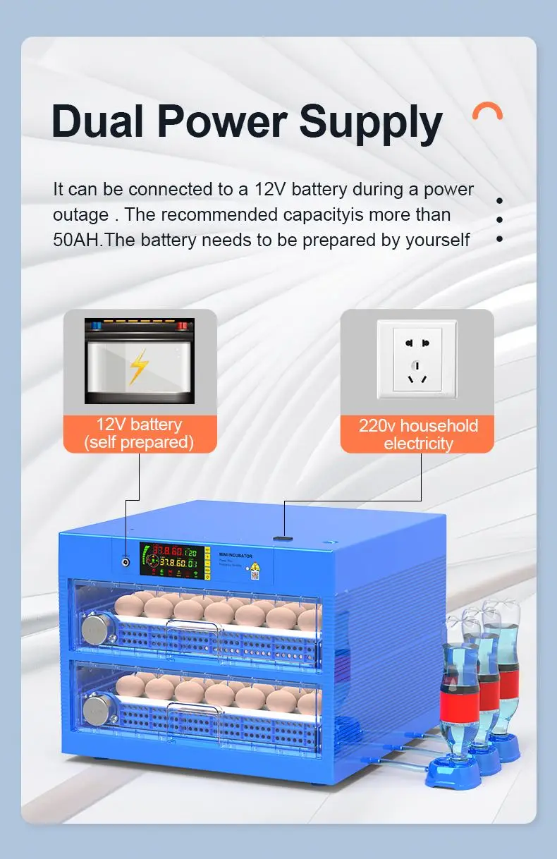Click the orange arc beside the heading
pyautogui.click(x=487, y=111)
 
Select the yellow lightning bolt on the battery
pyautogui.click(x=139, y=366)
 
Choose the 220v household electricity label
pyautogui.click(x=417, y=434)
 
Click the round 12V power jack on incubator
pyautogui.click(x=126, y=562)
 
